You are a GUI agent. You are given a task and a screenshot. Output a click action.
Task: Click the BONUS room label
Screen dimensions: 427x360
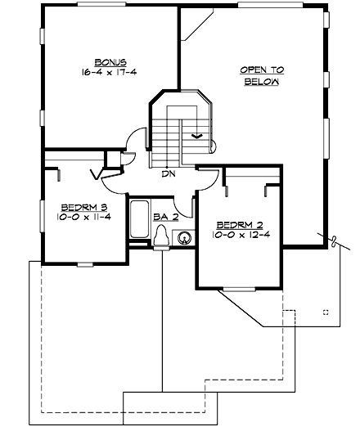[110, 62]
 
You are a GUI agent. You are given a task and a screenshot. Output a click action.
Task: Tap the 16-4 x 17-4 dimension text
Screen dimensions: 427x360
[110, 73]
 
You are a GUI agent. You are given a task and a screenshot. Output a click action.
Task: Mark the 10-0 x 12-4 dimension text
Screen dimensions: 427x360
[241, 235]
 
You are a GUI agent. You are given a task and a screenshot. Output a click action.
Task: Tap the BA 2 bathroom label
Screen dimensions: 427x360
[165, 217]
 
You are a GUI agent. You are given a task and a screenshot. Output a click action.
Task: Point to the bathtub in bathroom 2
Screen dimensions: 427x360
[140, 219]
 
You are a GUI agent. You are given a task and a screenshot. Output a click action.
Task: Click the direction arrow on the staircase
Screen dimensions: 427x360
[196, 135]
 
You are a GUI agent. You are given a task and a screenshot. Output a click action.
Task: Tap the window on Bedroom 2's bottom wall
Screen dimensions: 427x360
[238, 289]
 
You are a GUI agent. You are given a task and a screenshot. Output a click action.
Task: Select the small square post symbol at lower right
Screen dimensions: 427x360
[326, 312]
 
